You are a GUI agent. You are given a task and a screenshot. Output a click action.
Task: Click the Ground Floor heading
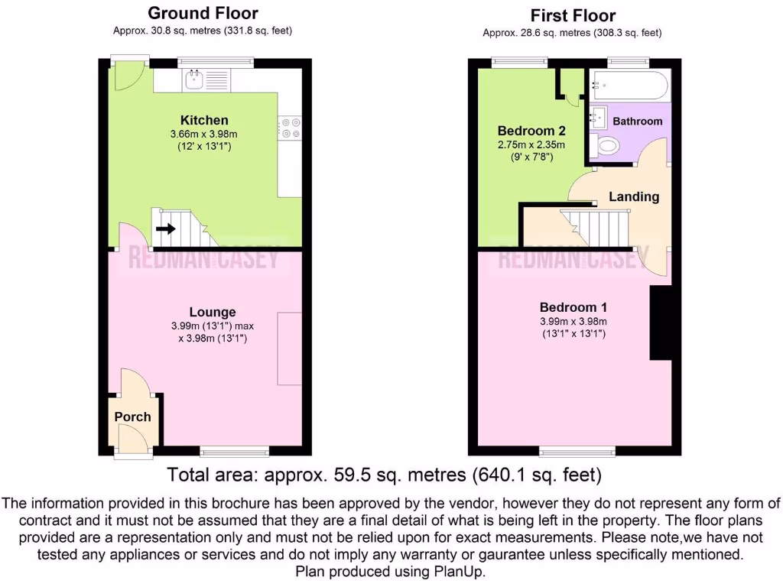tap(203, 13)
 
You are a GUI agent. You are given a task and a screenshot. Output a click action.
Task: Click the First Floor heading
tap(573, 15)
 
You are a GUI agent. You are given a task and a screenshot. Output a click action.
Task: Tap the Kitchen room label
tap(204, 120)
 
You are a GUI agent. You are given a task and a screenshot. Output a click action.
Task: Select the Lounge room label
tap(213, 312)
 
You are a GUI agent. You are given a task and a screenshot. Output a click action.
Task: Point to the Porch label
tap(132, 417)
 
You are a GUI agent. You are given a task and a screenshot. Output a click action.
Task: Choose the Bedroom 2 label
tap(531, 130)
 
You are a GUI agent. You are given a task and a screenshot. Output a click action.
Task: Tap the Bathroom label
tap(638, 122)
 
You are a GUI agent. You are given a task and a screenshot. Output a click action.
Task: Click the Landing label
tap(634, 196)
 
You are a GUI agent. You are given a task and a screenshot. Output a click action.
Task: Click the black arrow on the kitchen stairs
tap(165, 228)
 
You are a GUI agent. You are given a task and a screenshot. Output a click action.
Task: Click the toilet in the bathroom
tap(607, 145)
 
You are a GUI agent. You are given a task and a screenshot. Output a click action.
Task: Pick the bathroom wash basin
tap(597, 117)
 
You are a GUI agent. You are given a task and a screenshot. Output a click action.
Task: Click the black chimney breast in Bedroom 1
tap(660, 323)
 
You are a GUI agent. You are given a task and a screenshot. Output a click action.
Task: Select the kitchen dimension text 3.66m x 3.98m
tap(204, 134)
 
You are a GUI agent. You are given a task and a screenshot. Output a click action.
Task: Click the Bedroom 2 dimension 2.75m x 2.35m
tap(531, 144)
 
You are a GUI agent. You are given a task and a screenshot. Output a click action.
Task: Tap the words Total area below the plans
tap(213, 475)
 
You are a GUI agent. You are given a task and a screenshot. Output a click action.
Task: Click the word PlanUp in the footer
tap(463, 571)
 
